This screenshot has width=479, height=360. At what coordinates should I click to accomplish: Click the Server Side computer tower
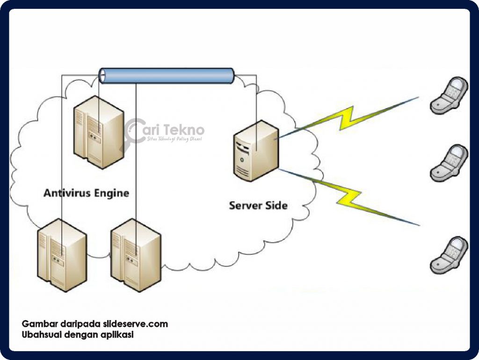click(257, 151)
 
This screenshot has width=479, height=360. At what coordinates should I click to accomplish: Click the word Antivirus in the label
click(63, 193)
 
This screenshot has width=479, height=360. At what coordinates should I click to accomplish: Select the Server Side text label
click(258, 205)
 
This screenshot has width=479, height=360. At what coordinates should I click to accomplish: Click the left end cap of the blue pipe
click(102, 76)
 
